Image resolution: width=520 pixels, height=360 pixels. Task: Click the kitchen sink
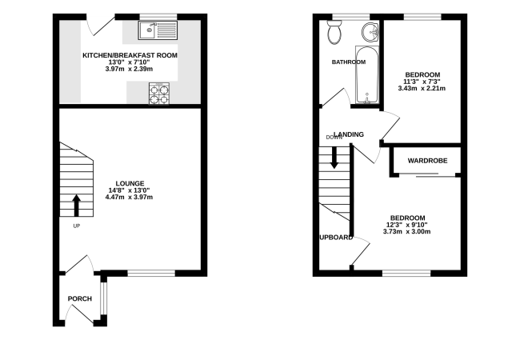[158, 30]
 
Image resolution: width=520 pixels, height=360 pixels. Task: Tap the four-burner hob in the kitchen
[159, 94]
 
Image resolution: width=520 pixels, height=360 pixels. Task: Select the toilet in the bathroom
[334, 32]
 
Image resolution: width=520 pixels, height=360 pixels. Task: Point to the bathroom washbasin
[370, 32]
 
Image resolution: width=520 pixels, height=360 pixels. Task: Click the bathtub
[367, 75]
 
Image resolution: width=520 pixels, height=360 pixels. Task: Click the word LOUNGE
[130, 183]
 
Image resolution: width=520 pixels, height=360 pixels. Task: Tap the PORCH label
[80, 298]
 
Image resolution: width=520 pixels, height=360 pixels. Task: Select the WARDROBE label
[427, 161]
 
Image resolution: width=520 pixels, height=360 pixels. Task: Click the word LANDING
[349, 134]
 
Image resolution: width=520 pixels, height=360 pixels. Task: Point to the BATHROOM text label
[349, 62]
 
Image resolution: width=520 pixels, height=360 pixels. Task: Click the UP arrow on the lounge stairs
[77, 206]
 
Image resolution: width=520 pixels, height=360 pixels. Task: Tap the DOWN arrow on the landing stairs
[334, 158]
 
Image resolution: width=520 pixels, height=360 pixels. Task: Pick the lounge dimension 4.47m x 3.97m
[129, 198]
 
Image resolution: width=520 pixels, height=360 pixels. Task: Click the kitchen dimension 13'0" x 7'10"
[129, 62]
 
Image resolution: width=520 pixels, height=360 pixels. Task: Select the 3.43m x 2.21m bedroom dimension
[422, 89]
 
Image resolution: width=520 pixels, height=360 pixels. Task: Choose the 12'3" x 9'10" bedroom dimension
[407, 225]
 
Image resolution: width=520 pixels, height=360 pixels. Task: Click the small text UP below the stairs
[77, 226]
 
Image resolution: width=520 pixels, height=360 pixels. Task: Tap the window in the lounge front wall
[151, 273]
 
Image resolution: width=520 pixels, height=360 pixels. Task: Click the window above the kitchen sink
[158, 17]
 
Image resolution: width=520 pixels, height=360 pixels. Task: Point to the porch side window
[104, 298]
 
